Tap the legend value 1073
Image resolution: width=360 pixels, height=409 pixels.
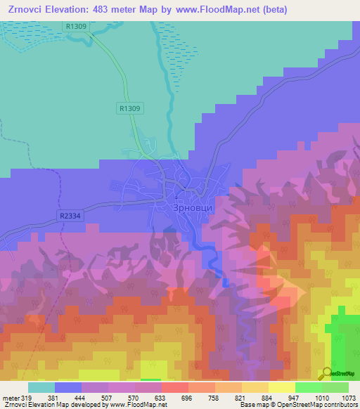pos(349,397)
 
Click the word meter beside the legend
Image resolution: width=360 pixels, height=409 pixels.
pos(11,397)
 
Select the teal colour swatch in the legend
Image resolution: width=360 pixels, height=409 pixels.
pos(41,387)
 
